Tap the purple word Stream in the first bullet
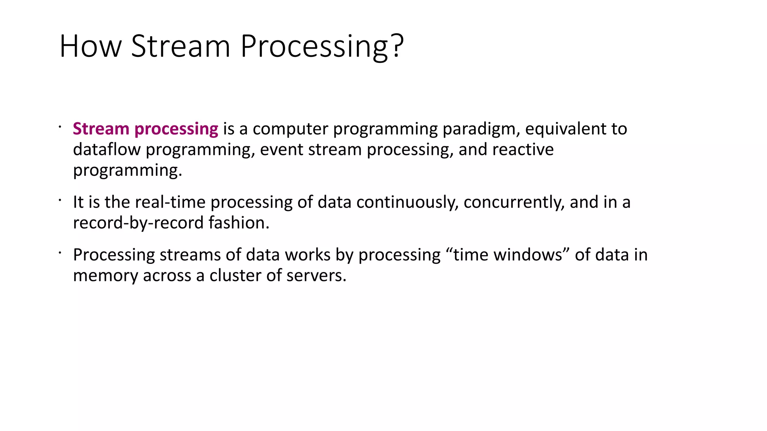(x=101, y=129)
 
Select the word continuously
(x=407, y=202)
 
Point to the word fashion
(x=239, y=223)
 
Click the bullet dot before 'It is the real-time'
(x=60, y=201)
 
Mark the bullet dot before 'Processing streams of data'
(x=60, y=253)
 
